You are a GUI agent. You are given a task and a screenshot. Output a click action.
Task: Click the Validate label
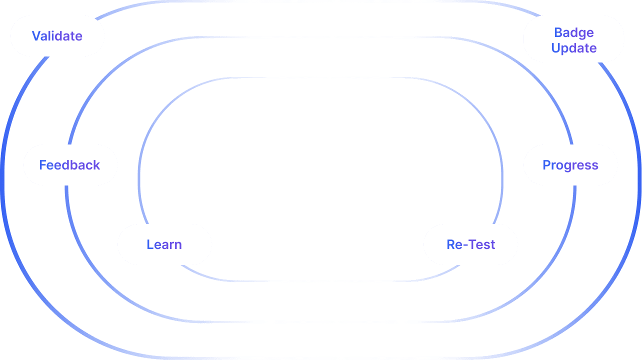57,36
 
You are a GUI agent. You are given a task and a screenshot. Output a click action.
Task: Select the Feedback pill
70,165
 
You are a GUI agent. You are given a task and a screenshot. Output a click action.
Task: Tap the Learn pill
164,244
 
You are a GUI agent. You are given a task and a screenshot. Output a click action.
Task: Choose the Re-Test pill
470,244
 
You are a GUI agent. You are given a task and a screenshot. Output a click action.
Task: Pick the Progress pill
570,165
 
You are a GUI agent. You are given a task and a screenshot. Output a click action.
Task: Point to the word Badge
574,32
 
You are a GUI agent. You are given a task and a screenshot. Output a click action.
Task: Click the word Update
574,48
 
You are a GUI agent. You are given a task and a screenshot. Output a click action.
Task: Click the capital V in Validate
36,36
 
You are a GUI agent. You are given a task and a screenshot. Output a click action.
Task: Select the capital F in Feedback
42,165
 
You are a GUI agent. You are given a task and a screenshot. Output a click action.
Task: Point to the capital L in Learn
149,244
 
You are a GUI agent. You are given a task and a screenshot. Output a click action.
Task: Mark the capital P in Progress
546,165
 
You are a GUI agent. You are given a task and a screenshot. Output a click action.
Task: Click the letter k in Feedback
96,165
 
